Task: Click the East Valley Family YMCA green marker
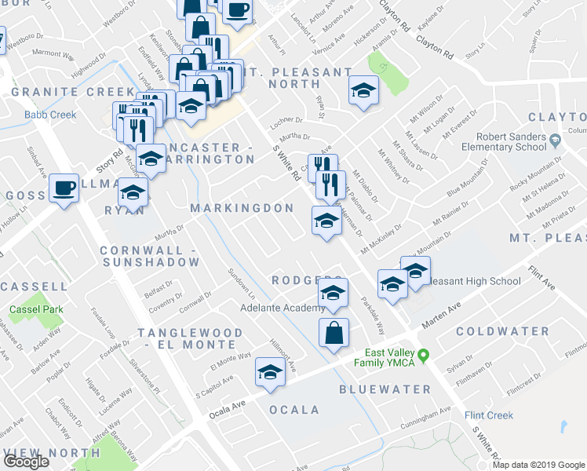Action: point(423,356)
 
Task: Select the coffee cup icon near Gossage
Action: point(64,188)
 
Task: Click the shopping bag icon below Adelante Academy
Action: point(334,332)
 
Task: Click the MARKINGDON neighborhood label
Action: point(242,208)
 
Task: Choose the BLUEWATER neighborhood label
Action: point(385,389)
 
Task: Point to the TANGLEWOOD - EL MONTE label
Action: point(191,339)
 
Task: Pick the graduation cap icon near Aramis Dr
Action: point(364,91)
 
